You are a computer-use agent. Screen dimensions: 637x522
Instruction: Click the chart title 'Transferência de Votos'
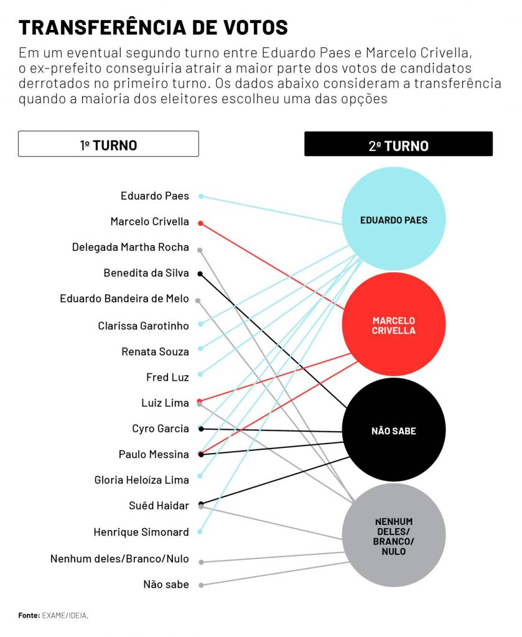coord(153,27)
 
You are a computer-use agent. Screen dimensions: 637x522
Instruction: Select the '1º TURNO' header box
coord(108,144)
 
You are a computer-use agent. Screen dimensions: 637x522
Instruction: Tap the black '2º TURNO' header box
coord(398,145)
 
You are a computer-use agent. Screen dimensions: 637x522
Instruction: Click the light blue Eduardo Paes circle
coord(393,220)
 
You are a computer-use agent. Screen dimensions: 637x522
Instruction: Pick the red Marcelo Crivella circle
coord(393,325)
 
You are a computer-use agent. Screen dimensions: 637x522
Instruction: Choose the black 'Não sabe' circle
coord(393,430)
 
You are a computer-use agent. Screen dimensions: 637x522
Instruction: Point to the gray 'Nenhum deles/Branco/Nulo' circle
coord(393,536)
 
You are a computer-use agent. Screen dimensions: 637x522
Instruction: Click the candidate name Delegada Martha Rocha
coord(130,248)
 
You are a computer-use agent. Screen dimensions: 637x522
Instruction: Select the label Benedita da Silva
coord(146,273)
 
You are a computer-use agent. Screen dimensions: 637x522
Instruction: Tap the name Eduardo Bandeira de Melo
coord(124,299)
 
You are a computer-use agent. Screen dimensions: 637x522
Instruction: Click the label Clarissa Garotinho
coord(143,325)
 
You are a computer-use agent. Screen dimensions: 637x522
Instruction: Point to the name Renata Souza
coord(155,351)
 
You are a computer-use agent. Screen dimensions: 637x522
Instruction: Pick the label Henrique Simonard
coord(141,532)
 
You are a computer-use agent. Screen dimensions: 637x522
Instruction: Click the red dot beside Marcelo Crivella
coord(200,223)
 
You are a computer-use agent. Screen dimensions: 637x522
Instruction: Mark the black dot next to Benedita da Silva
coord(200,274)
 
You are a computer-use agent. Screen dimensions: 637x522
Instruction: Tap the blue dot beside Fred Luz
coord(200,374)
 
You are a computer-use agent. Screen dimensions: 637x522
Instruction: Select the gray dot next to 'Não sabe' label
coord(201,585)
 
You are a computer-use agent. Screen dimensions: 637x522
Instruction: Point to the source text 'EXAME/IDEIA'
coord(65,615)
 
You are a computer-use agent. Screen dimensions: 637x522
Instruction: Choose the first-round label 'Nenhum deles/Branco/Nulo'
coord(119,559)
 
